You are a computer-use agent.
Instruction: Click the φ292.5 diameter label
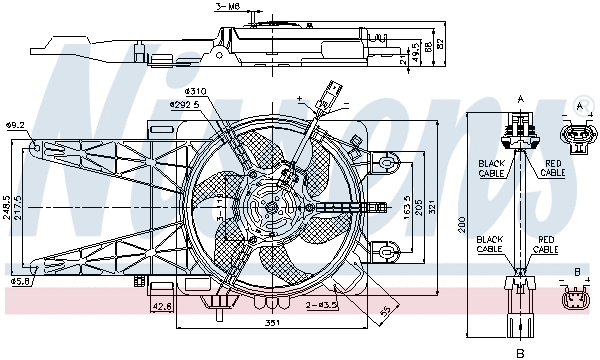point(184,104)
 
